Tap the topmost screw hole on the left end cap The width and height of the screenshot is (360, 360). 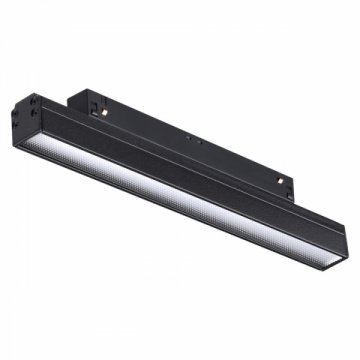tap(31, 101)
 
